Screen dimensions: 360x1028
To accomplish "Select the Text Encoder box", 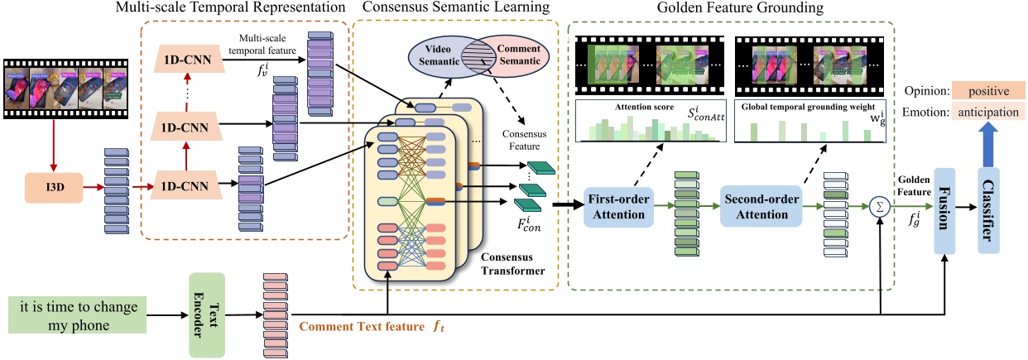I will click(x=208, y=314).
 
